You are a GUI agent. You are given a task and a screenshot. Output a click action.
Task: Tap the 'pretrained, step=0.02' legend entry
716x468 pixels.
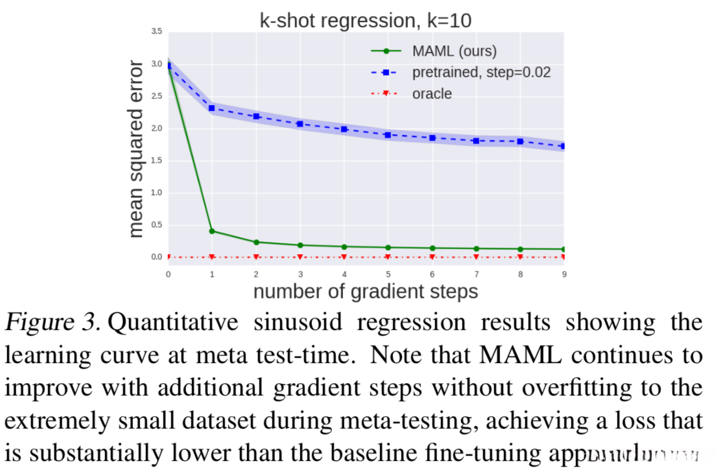481,72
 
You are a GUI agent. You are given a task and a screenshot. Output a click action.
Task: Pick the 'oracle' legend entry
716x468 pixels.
432,93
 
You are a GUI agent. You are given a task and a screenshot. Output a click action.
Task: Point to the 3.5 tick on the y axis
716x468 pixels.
157,31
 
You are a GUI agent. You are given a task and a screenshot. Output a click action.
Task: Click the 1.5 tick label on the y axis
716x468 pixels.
157,160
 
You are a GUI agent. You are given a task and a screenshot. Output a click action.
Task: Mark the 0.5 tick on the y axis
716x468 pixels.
157,225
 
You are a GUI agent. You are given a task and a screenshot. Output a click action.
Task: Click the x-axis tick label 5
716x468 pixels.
388,274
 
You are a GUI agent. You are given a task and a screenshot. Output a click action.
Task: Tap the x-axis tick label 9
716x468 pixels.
564,274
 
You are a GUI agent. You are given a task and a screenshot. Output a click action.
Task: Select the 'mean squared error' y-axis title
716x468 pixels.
136,148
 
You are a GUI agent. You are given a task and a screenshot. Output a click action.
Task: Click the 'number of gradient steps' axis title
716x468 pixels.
366,291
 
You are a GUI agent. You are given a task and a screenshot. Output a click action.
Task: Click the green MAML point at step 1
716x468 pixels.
212,231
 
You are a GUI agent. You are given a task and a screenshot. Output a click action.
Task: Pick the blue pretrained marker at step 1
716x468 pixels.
212,108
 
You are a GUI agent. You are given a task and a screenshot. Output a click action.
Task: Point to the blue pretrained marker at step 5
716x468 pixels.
388,135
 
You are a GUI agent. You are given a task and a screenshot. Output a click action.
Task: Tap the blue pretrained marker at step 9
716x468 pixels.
564,146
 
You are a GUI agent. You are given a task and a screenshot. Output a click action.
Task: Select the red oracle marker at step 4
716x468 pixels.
344,257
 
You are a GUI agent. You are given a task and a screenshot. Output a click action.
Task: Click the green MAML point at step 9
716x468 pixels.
564,249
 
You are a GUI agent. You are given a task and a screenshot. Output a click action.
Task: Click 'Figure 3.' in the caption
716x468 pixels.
47,323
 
